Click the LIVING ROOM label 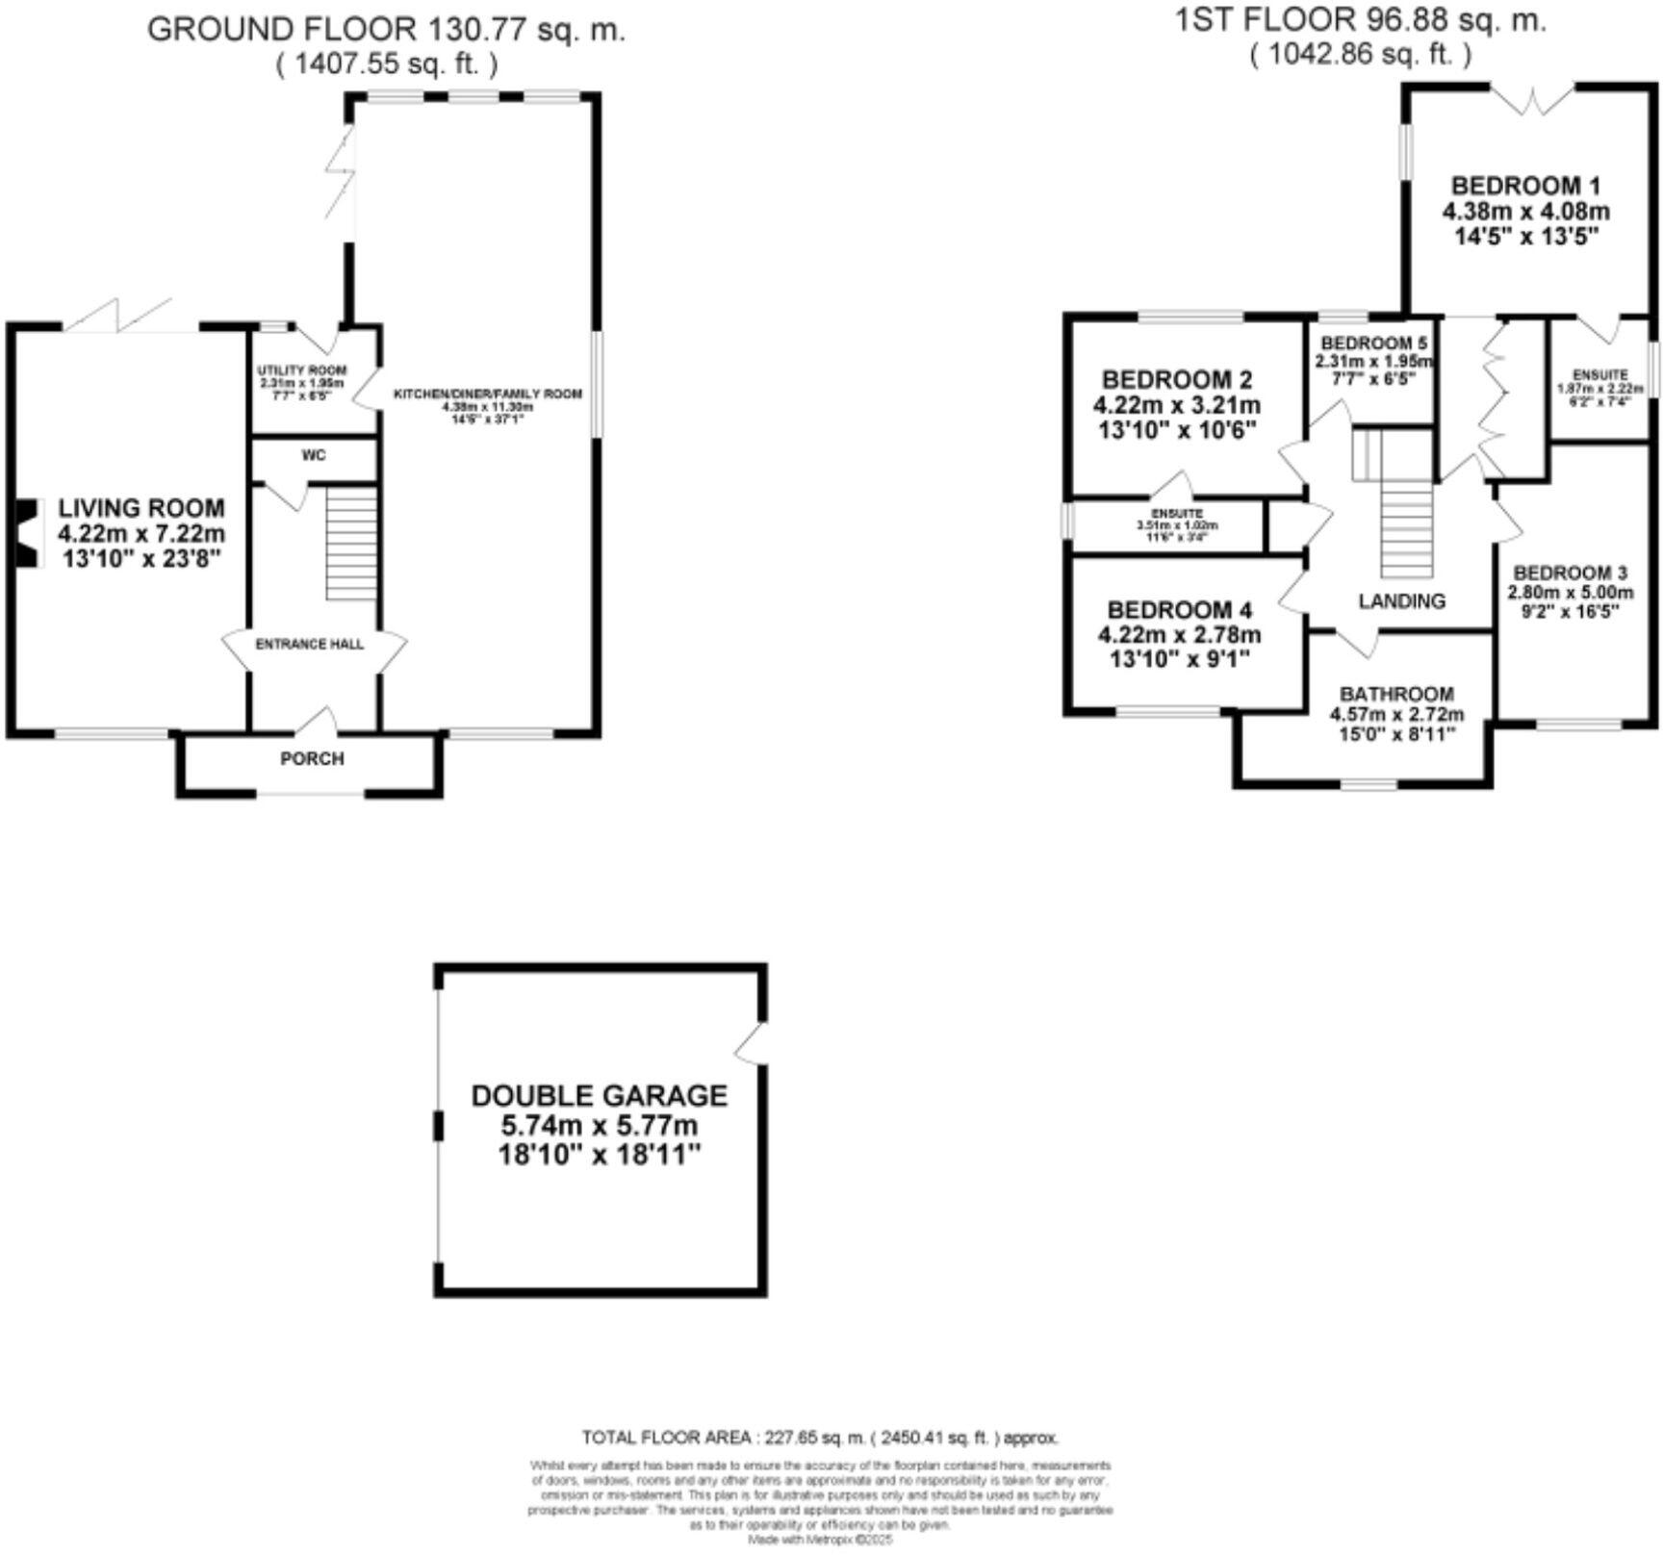[x=141, y=508]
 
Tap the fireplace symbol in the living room [x=29, y=533]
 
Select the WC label [x=314, y=455]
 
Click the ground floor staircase [x=350, y=544]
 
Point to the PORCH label [x=312, y=759]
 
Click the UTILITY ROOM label [x=301, y=370]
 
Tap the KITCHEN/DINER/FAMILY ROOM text [x=487, y=395]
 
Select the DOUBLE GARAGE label [x=599, y=1095]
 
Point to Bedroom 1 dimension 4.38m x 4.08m [x=1525, y=211]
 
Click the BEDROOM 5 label [x=1373, y=344]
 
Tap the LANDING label [x=1401, y=601]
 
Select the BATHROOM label [x=1396, y=694]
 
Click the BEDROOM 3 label [x=1570, y=574]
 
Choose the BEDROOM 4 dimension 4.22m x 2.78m [x=1179, y=635]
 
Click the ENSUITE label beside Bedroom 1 [x=1600, y=374]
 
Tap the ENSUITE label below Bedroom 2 [x=1177, y=515]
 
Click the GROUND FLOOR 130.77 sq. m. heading [x=386, y=29]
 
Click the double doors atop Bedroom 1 [x=1532, y=100]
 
